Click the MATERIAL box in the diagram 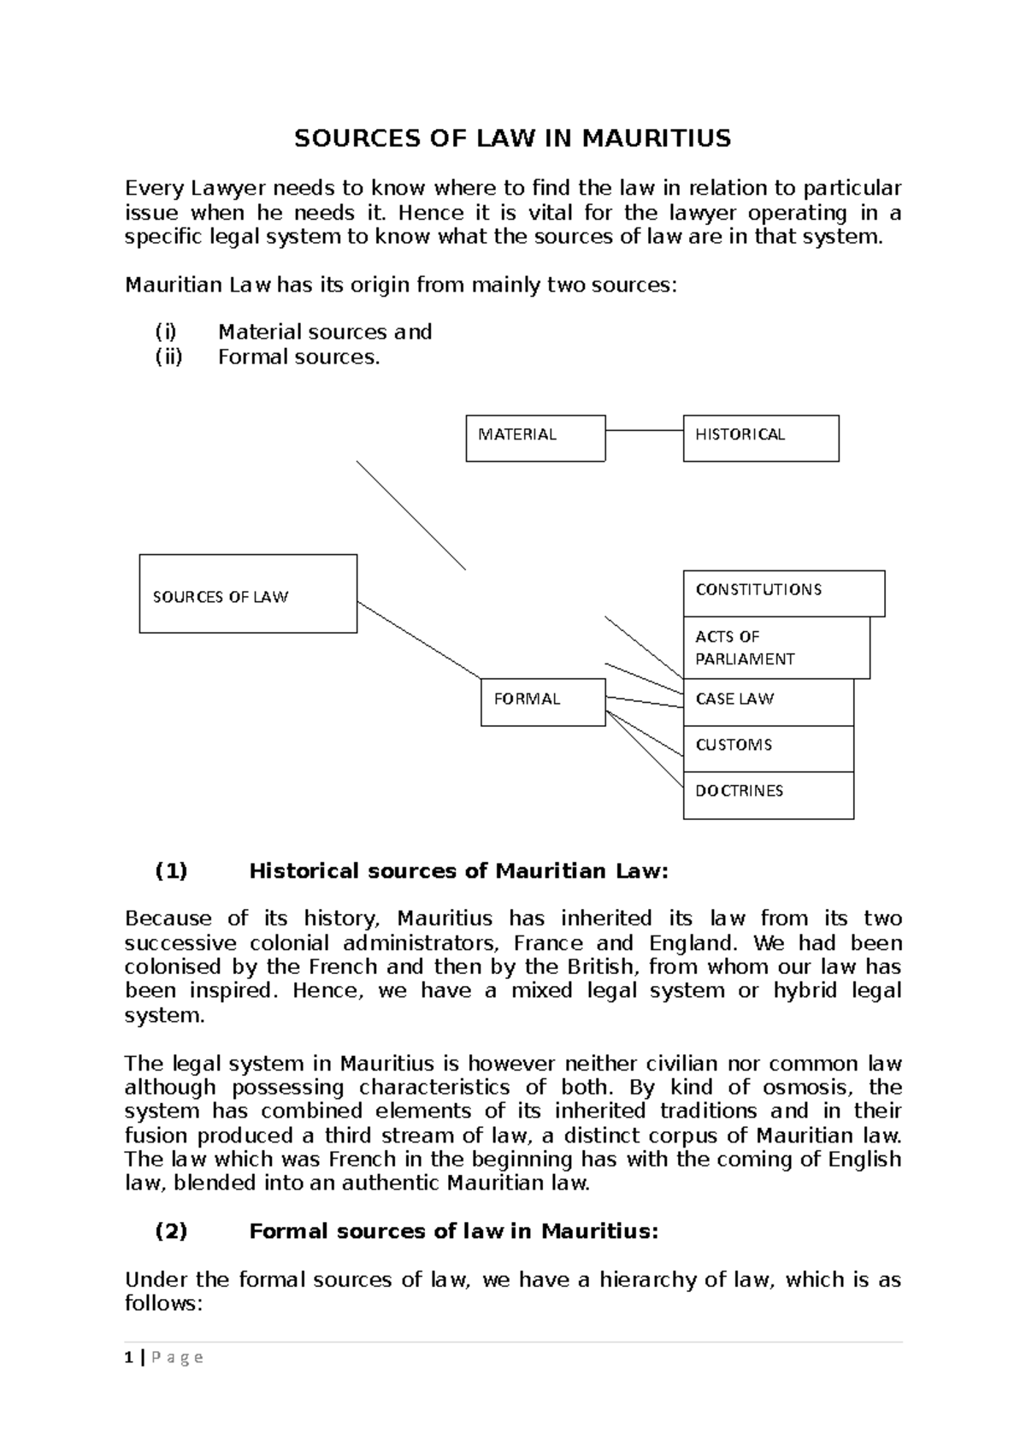(535, 438)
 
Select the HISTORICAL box (760, 438)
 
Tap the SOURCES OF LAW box (248, 593)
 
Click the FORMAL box (543, 702)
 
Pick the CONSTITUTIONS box (783, 593)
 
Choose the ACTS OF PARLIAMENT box (775, 647)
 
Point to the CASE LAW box (768, 702)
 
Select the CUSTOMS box (768, 748)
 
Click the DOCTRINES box (768, 794)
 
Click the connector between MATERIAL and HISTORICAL (644, 430)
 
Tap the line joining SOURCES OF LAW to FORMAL (419, 640)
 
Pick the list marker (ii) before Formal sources (168, 357)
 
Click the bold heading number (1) (171, 871)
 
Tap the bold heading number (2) (171, 1231)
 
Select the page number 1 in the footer (128, 1357)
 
